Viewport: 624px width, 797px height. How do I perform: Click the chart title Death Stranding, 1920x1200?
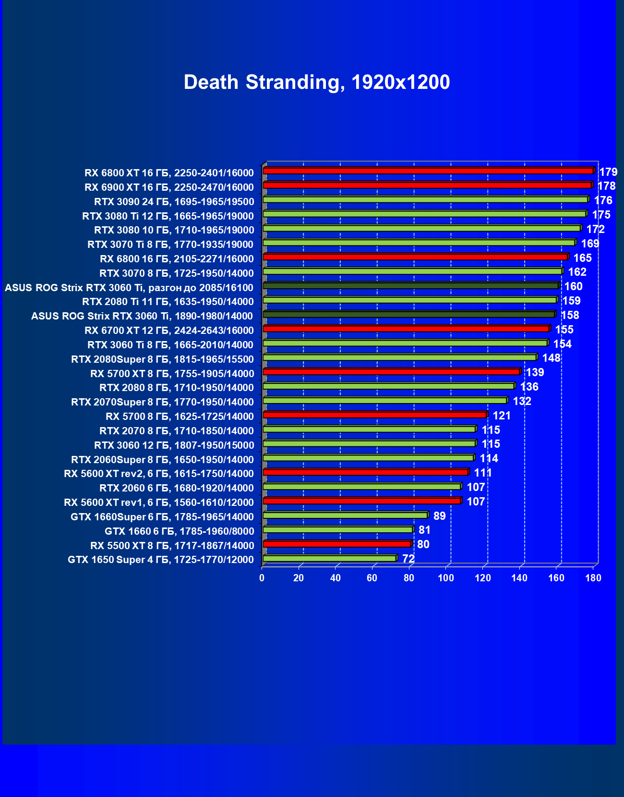coord(317,83)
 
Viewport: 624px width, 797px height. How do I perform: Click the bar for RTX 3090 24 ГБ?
coord(425,199)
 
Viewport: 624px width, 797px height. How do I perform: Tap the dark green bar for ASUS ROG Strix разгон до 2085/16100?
coord(411,286)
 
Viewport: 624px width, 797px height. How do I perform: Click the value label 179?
coord(608,172)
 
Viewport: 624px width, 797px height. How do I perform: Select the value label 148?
coord(552,358)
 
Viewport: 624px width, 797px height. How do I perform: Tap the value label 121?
coord(502,416)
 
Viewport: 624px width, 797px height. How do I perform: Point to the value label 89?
coord(439,516)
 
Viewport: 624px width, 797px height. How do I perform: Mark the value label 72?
coord(408,559)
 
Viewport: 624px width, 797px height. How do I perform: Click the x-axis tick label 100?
coord(446,578)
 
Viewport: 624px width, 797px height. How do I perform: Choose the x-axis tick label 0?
coord(262,578)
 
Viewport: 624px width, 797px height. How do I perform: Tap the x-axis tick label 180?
coord(593,578)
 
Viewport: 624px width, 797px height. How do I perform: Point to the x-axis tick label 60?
coord(372,578)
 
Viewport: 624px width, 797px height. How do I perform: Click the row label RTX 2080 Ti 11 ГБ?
coord(168,302)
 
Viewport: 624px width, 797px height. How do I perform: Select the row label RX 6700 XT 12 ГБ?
coord(169,331)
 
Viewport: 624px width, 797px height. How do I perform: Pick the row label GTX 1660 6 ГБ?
coord(179,531)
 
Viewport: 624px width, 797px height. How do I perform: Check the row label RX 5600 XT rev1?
coord(159,503)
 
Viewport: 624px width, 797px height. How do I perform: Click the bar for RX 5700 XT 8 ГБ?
coord(392,371)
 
